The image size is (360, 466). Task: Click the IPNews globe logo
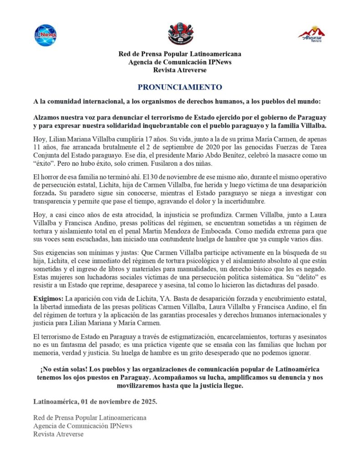(x=46, y=35)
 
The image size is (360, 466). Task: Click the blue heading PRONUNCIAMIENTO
(x=180, y=87)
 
